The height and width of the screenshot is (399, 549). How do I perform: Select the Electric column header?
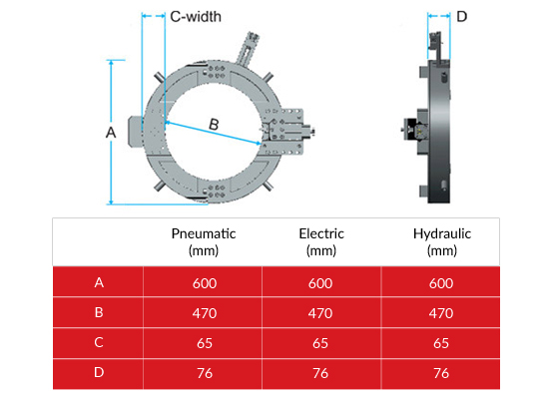pos(320,241)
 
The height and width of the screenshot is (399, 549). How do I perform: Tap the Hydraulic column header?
pos(441,241)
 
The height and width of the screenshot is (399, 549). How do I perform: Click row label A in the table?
pos(98,282)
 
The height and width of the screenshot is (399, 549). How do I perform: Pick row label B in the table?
pos(98,313)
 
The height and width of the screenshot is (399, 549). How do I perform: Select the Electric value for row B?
pos(320,313)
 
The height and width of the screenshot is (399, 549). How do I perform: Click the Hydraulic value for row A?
pos(441,282)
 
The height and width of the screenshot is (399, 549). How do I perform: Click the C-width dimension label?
pos(196,17)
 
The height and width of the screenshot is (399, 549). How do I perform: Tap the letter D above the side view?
pos(461,16)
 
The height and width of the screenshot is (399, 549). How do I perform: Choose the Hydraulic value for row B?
pos(441,313)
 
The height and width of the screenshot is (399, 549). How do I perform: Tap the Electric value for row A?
pos(320,282)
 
